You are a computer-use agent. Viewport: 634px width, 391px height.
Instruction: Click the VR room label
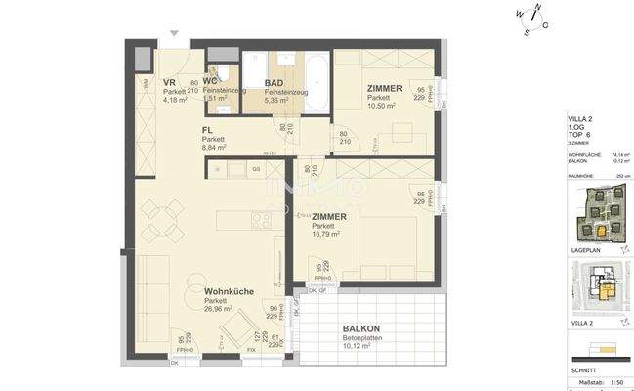169,82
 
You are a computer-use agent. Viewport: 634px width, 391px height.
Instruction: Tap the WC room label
210,81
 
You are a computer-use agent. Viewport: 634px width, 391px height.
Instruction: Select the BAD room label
275,82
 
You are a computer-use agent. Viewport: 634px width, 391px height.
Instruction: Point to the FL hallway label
207,130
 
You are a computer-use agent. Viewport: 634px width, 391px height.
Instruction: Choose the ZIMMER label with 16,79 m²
330,215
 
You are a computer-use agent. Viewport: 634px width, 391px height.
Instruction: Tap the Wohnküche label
231,290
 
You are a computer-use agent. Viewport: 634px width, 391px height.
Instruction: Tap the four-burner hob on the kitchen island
263,220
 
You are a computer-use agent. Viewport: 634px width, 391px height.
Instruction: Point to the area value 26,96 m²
220,308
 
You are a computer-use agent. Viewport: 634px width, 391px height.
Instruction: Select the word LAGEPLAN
584,250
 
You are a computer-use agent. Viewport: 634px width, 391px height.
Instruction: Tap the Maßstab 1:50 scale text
596,382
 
